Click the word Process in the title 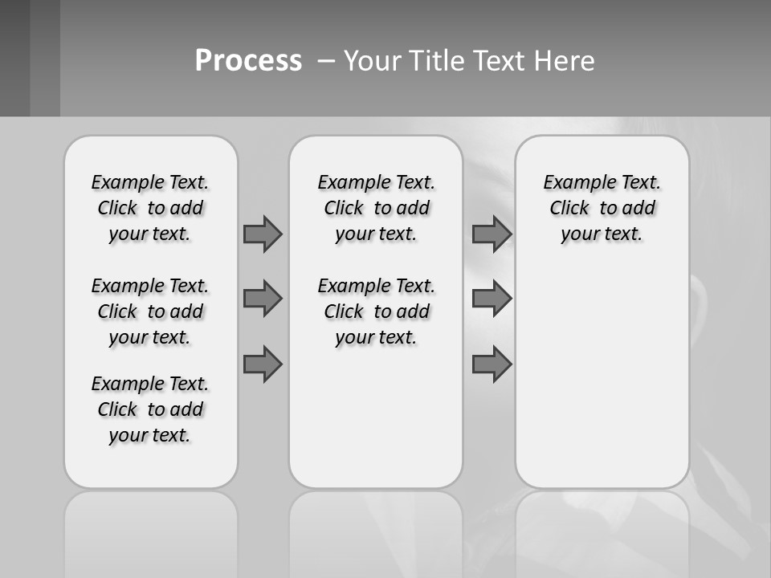[x=248, y=60]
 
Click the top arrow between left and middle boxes [x=263, y=234]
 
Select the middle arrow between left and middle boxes [x=263, y=299]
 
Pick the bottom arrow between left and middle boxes [x=263, y=364]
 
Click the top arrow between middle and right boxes [x=492, y=234]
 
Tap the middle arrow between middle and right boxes [x=492, y=299]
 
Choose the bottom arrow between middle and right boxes [x=492, y=364]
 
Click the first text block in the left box [x=150, y=208]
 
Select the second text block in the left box [x=150, y=311]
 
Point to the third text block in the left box [x=150, y=409]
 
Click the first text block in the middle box [x=376, y=208]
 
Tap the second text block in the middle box [x=376, y=311]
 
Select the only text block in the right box [x=602, y=208]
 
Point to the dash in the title [x=325, y=61]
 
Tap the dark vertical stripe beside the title [x=45, y=58]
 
